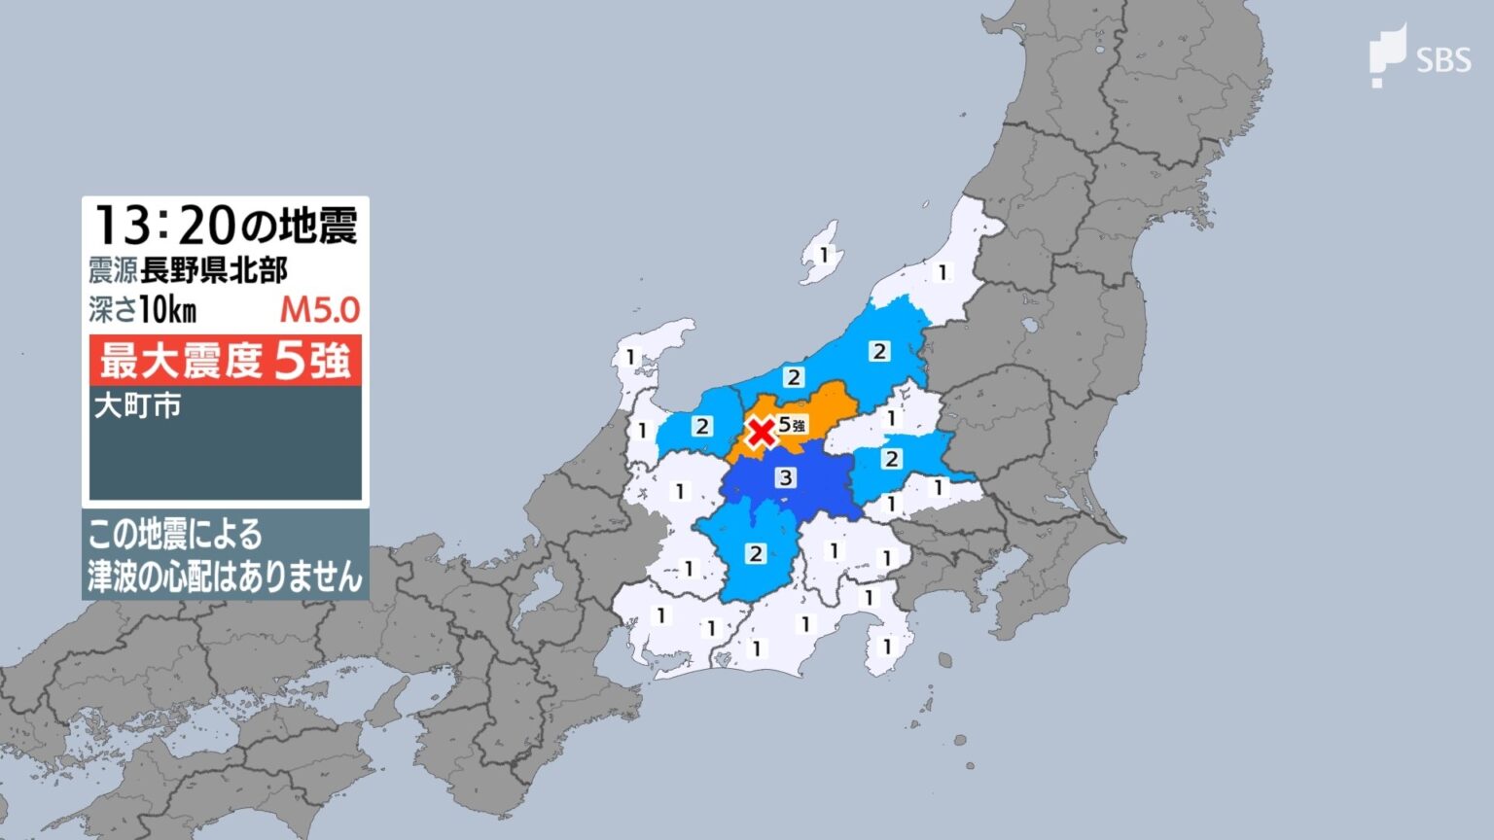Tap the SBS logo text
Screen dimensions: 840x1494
click(x=1443, y=61)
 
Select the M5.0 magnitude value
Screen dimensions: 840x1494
click(x=320, y=310)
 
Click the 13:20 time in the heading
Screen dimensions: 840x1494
click(x=163, y=226)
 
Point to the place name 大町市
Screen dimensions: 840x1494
click(x=137, y=405)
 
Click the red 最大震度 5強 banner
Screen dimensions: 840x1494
click(x=225, y=361)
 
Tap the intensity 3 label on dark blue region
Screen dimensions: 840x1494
click(x=785, y=476)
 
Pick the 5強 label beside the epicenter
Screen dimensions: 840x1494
click(x=792, y=424)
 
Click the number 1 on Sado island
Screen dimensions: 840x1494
click(x=824, y=255)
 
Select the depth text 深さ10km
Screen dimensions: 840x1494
click(x=143, y=310)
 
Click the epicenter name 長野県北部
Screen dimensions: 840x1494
click(x=213, y=270)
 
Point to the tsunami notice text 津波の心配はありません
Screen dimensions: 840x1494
click(x=225, y=577)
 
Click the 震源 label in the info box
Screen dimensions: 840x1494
click(x=112, y=270)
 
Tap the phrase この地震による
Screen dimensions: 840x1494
click(x=175, y=535)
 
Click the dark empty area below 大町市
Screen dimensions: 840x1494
click(x=225, y=462)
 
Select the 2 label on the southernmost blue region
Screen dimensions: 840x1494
click(x=756, y=553)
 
